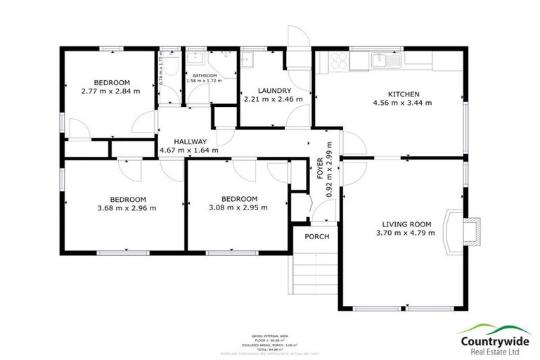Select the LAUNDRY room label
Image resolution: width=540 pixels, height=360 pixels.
(274, 91)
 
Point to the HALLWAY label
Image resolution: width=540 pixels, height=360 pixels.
(188, 141)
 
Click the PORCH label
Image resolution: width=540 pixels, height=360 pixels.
(316, 236)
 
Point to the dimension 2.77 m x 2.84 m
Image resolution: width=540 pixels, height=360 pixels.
(110, 91)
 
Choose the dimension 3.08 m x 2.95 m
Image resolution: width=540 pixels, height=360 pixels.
(238, 207)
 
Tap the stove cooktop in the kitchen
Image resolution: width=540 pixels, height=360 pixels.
(335, 61)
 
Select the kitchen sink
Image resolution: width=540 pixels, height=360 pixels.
(385, 61)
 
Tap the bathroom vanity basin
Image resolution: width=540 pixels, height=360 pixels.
(195, 59)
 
